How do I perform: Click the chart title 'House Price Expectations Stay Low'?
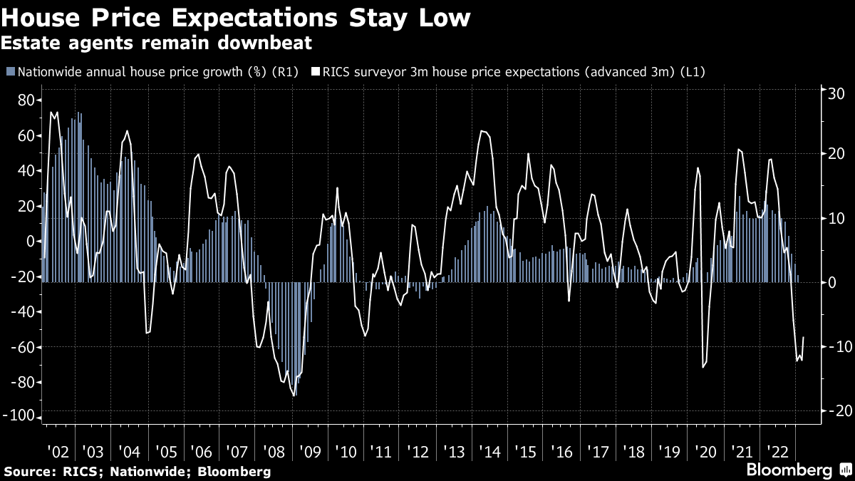point(236,17)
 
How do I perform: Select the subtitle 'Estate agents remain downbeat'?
point(157,43)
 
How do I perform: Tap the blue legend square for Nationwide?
point(10,71)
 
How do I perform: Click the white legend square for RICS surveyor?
point(315,71)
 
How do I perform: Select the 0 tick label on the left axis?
point(30,242)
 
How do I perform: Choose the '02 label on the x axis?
point(58,452)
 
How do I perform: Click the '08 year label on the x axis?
point(274,452)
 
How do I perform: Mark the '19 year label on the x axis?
point(670,452)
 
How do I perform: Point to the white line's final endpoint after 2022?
point(804,337)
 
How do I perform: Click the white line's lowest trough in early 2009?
point(294,395)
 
